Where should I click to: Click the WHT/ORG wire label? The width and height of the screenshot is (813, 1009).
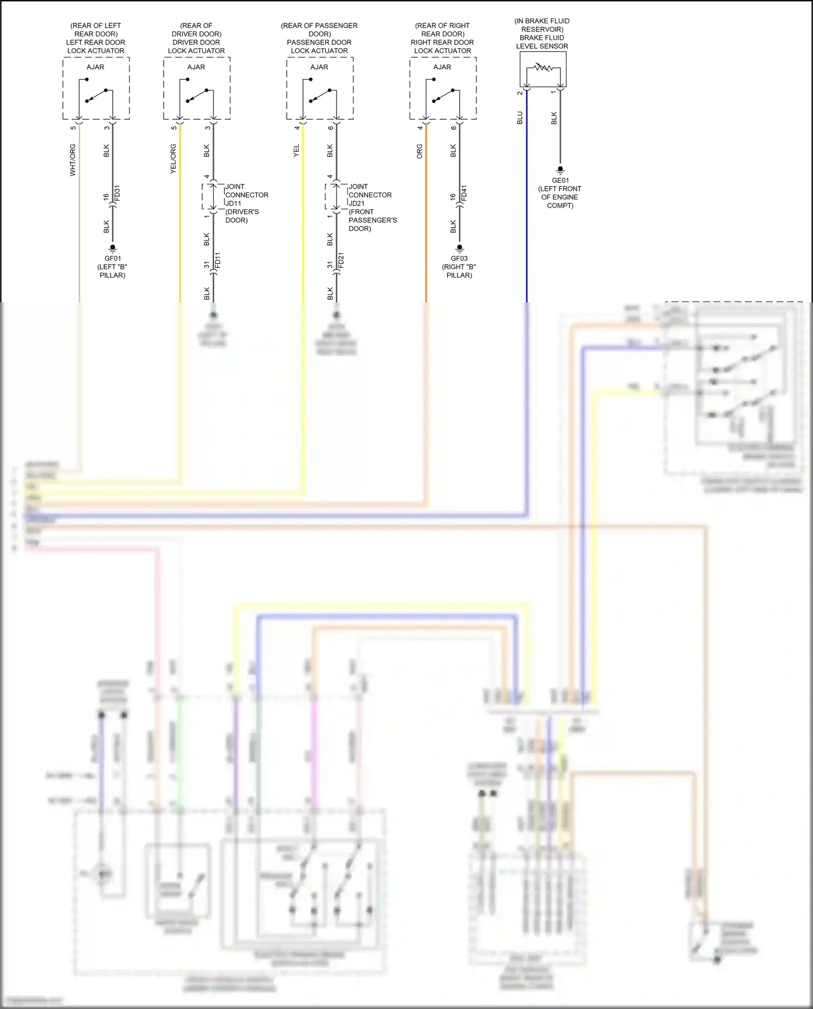[x=73, y=160]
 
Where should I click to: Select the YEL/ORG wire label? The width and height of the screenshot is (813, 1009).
[x=173, y=159]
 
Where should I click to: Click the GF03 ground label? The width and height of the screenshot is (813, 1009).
[x=459, y=259]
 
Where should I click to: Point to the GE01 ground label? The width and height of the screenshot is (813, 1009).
[x=560, y=181]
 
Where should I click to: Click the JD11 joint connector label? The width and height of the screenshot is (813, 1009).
[x=234, y=203]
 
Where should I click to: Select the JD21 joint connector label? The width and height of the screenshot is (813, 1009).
[x=357, y=203]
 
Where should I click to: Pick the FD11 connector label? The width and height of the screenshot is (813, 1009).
[x=218, y=261]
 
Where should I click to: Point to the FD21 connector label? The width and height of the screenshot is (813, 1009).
[x=341, y=261]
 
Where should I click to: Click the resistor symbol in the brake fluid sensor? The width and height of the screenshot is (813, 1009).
[x=543, y=68]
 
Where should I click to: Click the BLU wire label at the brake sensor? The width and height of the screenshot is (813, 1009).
[x=520, y=118]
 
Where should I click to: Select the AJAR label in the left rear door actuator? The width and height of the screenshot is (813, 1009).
[x=95, y=67]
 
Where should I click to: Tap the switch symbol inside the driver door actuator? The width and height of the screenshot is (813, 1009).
[x=196, y=95]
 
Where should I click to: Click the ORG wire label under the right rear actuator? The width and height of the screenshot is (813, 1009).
[x=420, y=151]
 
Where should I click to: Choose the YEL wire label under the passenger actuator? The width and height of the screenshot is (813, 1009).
[x=296, y=151]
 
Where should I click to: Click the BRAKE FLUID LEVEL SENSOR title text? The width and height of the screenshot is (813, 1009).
[x=542, y=42]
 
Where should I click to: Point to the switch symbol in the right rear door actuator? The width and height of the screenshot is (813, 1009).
[x=443, y=95]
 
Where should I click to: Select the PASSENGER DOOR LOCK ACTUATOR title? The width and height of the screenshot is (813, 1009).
[x=319, y=46]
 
